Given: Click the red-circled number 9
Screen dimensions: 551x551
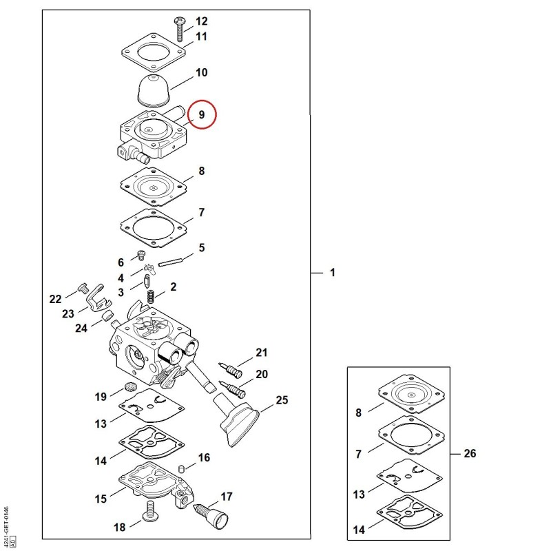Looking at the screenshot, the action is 201,114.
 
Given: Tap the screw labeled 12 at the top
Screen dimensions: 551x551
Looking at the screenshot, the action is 179,29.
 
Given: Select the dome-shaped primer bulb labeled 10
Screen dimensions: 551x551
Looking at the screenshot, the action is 153,90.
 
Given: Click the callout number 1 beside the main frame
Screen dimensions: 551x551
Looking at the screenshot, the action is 333,272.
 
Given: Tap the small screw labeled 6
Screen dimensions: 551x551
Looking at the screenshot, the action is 141,255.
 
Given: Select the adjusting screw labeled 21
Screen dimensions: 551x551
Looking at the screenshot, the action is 230,370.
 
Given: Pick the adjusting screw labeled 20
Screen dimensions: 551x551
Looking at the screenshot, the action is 232,389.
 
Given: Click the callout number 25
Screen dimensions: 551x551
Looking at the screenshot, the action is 282,400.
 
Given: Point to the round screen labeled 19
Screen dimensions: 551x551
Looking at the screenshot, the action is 130,387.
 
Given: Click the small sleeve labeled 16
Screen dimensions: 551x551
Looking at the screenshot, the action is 182,468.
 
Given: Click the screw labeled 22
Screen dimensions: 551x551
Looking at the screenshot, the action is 83,288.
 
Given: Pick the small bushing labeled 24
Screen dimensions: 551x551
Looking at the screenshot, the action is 107,315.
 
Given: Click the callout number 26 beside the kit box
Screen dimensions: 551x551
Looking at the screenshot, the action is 470,453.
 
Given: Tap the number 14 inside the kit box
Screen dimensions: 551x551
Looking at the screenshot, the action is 359,530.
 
